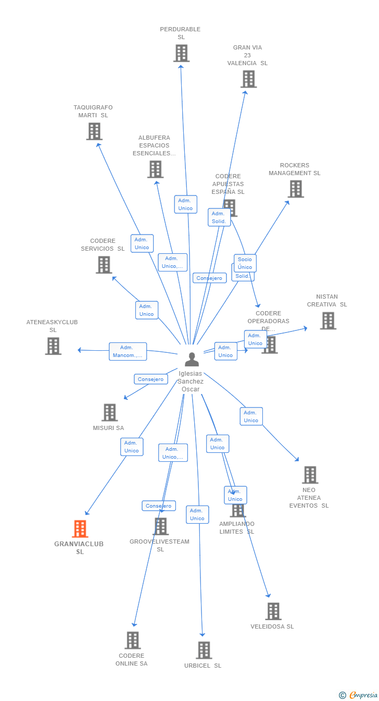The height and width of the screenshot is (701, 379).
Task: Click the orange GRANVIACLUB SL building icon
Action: [80, 528]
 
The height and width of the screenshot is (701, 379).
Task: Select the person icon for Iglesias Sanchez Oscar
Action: [192, 360]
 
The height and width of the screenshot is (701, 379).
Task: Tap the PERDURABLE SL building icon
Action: [181, 53]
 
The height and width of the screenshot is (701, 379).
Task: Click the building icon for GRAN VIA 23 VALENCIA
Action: [248, 79]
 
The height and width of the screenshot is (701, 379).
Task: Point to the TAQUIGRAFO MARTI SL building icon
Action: [94, 131]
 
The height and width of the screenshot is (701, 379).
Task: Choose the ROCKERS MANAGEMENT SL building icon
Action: [296, 189]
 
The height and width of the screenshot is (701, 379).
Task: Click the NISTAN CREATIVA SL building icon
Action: [328, 321]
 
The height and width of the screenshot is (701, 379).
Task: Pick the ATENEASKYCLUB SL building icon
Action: [53, 346]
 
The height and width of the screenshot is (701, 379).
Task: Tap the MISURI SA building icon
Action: [109, 412]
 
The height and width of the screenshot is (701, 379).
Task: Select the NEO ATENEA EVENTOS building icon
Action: [310, 475]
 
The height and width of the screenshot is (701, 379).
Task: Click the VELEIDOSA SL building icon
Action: [273, 611]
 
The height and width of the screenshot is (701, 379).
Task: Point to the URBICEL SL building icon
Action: [204, 650]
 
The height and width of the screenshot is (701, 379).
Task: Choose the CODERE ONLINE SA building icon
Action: [133, 640]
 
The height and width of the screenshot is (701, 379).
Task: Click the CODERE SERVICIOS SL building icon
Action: [104, 265]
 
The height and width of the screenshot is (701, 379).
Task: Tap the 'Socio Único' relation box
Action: [245, 263]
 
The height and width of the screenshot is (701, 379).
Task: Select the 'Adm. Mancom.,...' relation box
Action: [128, 351]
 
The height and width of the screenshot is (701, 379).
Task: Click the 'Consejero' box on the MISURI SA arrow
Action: [150, 379]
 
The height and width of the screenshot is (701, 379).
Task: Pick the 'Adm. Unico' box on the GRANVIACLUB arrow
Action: [132, 447]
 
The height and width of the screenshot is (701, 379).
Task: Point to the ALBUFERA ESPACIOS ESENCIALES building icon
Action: [155, 169]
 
